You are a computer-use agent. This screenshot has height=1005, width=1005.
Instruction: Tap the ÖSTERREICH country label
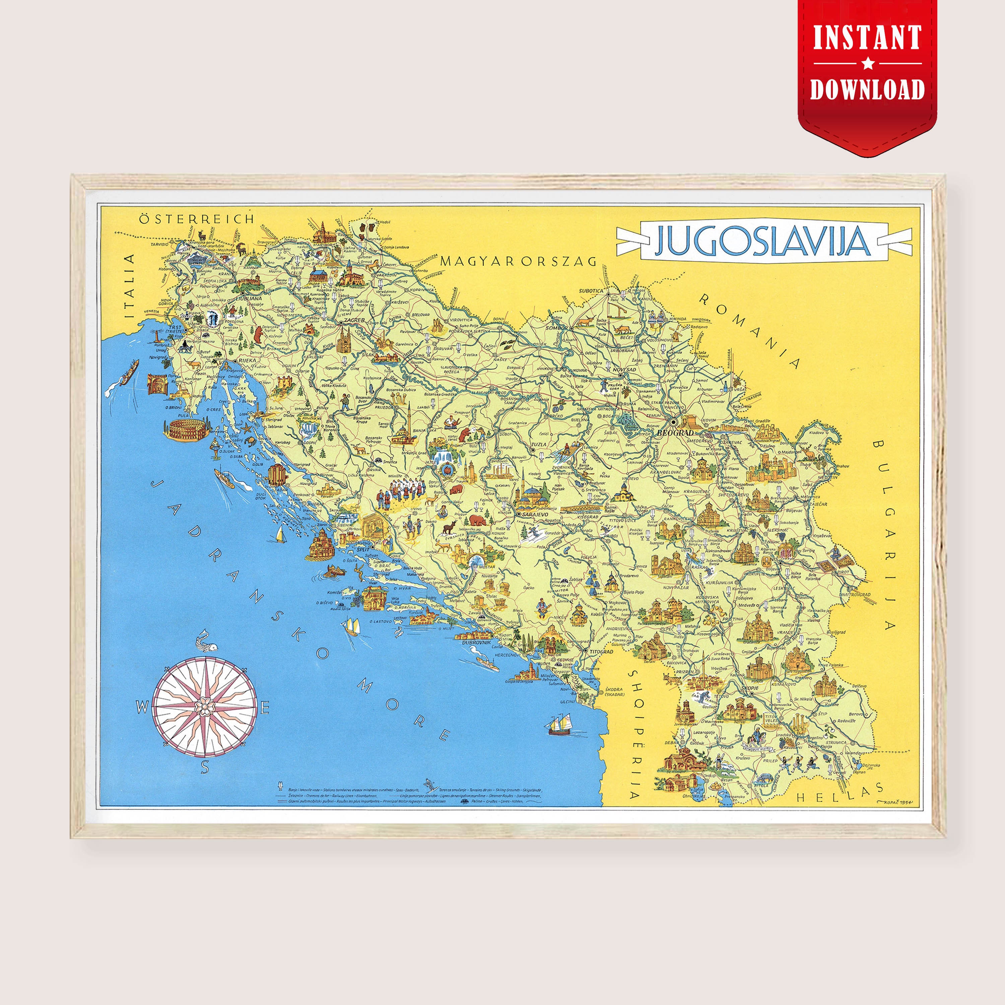coord(197,219)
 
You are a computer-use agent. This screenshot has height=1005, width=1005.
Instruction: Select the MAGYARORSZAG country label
coord(518,261)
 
